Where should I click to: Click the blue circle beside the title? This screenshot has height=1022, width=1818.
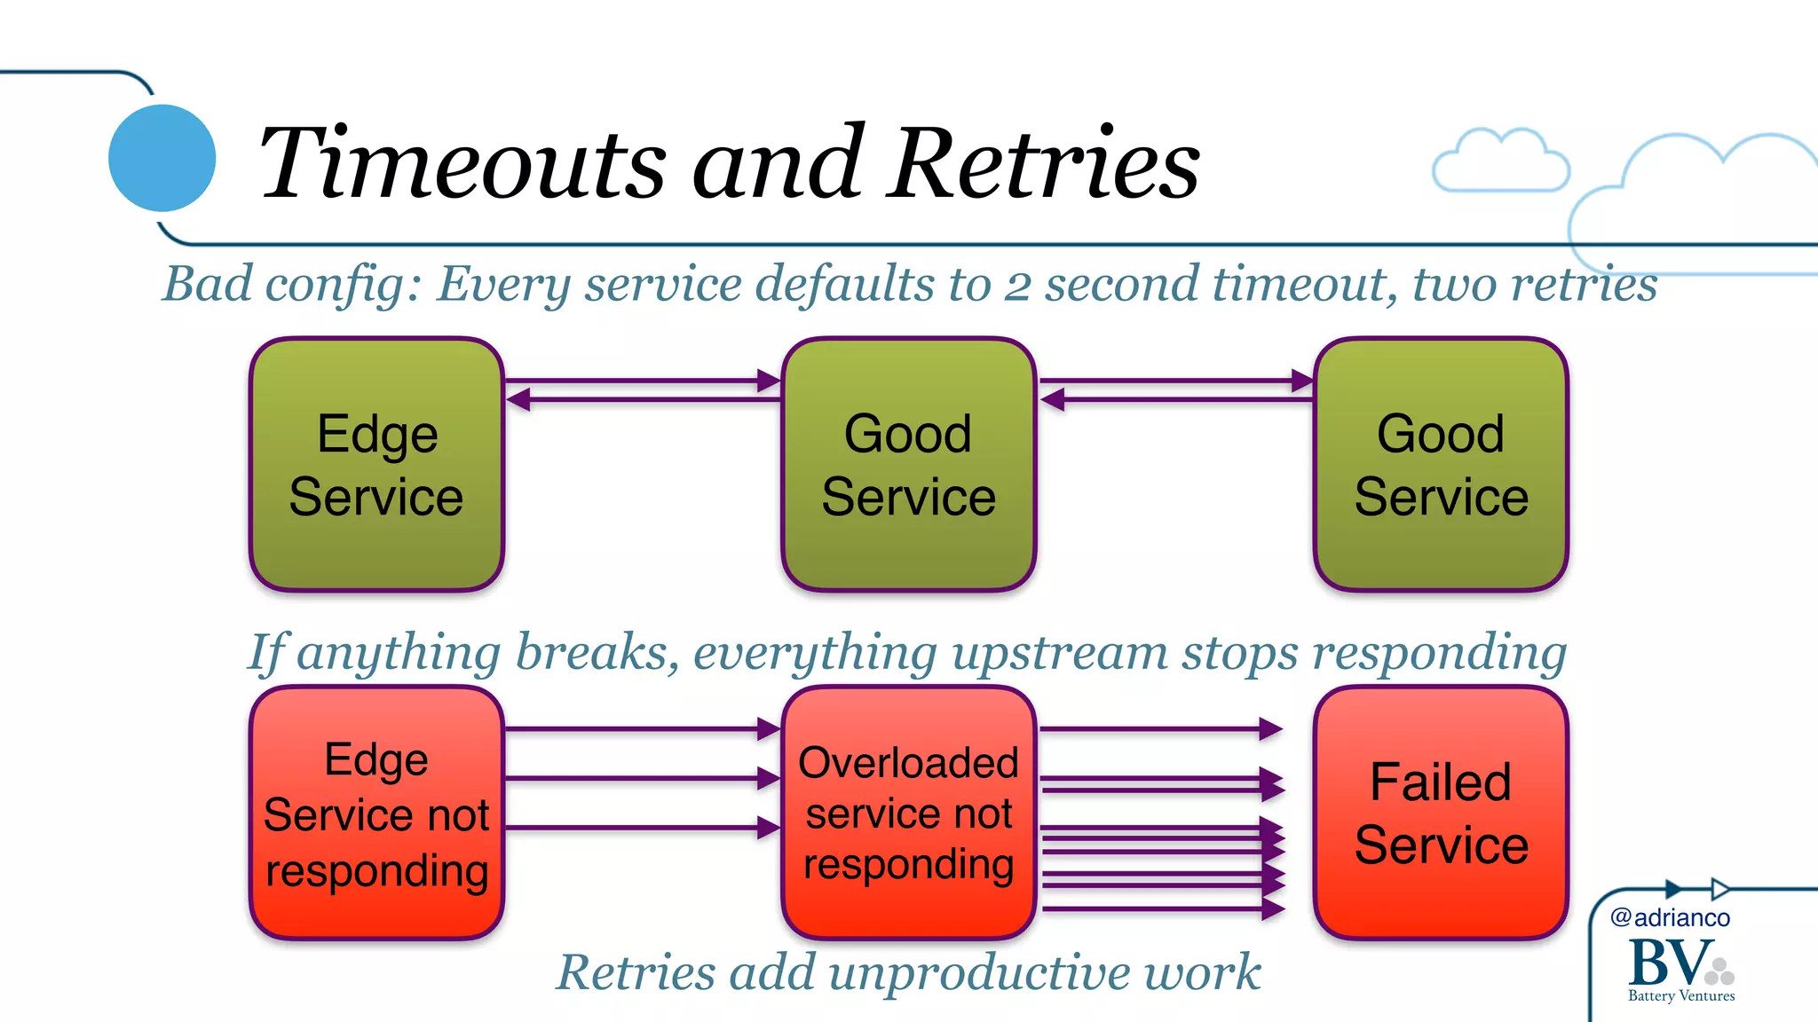[162, 158]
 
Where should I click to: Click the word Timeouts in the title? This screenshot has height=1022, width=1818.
[462, 163]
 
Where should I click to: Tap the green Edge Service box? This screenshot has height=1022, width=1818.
[376, 464]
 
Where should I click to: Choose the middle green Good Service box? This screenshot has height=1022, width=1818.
[908, 464]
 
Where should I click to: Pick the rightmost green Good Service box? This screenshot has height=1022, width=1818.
[1440, 464]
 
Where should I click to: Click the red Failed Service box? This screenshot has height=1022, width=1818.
[1440, 813]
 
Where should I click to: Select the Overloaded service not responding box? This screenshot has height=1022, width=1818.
[908, 813]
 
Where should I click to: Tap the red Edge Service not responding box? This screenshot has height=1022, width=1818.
[376, 813]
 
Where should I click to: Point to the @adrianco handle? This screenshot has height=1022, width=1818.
[1670, 917]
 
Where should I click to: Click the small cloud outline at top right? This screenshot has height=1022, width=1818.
[1500, 161]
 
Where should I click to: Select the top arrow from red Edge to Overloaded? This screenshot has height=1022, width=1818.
[639, 729]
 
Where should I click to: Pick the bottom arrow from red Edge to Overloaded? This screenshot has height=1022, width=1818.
[639, 828]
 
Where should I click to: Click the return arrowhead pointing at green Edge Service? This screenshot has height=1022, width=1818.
[518, 400]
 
